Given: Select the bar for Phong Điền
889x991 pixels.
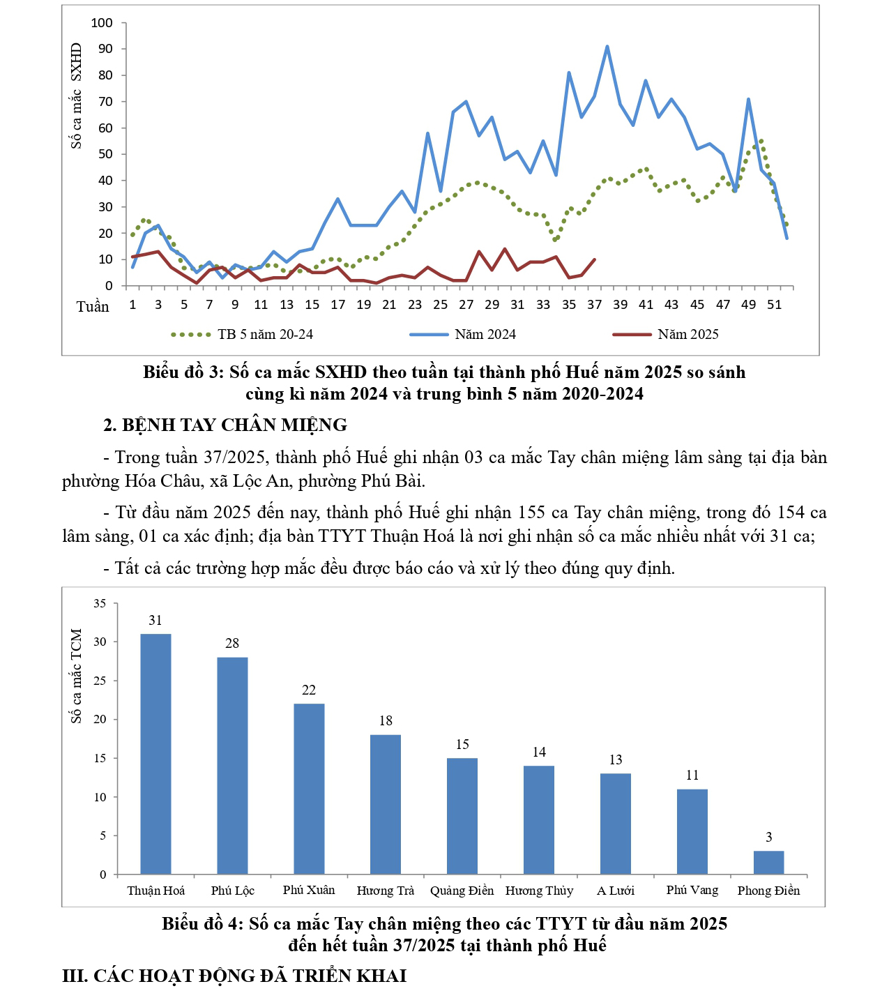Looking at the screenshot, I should [768, 863].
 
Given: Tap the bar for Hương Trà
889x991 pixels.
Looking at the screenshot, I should [386, 804].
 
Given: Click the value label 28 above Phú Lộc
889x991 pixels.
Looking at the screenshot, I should [232, 644].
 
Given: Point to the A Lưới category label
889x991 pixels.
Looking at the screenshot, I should [616, 891].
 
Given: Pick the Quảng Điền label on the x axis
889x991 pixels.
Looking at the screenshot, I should [462, 891].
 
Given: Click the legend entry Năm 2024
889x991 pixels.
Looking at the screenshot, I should [485, 335].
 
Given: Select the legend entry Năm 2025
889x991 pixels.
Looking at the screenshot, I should [687, 335].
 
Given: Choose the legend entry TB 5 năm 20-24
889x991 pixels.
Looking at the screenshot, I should [265, 335].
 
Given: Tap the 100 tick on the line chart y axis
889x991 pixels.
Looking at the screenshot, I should [102, 23].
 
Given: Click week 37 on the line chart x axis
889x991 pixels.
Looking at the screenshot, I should [594, 305].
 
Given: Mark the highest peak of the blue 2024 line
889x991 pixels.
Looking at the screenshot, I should [607, 47].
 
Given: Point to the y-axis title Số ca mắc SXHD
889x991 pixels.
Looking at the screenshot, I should [76, 96].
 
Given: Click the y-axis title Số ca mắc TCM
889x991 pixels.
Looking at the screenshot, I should [76, 675].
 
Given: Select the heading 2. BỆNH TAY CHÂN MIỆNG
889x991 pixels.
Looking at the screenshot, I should [225, 425].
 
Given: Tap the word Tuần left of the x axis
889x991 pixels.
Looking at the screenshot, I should [93, 307].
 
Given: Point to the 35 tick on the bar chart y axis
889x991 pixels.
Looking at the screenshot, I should [100, 603].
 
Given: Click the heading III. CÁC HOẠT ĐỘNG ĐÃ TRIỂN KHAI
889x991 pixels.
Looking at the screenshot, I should [234, 975].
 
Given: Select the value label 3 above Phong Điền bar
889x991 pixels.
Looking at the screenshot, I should [769, 837].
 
